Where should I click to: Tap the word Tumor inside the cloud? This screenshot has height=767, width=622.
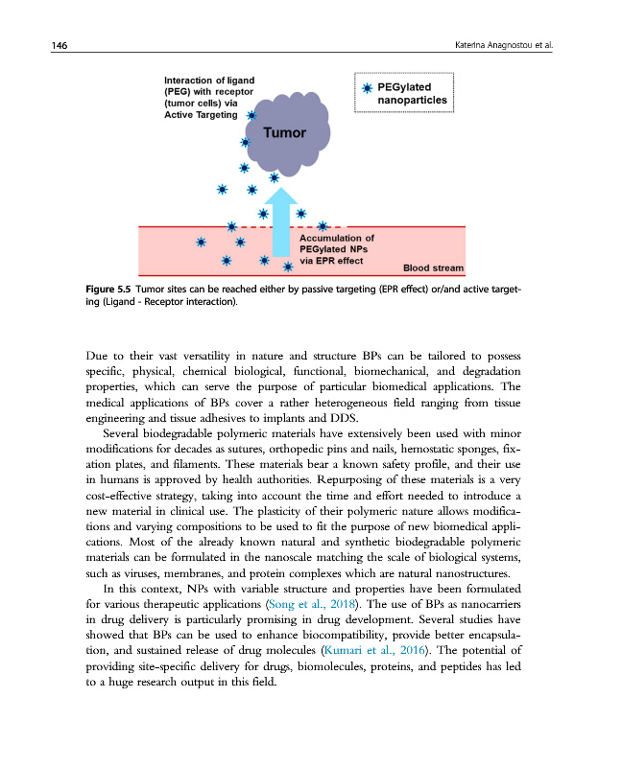coord(285,133)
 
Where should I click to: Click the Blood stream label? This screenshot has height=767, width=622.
coord(432,267)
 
